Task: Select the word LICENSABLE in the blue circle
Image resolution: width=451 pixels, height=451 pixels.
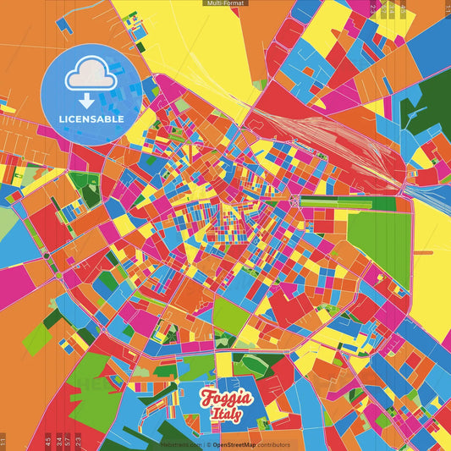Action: [91, 119]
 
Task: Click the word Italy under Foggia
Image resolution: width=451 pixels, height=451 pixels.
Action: [226, 415]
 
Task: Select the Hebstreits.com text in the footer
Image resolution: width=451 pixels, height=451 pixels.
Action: [179, 444]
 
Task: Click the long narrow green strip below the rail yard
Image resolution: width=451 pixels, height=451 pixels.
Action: [347, 203]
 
